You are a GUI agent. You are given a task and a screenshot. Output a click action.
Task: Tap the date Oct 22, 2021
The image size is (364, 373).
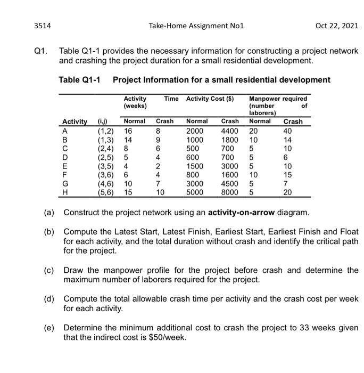coord(335,25)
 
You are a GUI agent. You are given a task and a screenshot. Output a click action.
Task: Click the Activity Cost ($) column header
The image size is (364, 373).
coord(210,99)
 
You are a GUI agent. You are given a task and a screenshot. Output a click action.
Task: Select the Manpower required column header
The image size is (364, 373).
coord(278,99)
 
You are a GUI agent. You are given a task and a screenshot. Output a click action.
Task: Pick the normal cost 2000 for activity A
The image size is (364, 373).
coord(195,130)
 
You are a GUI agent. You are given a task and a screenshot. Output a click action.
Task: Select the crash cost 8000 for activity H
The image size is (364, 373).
coord(230,192)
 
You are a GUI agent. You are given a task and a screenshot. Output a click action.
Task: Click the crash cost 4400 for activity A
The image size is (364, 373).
coord(230,130)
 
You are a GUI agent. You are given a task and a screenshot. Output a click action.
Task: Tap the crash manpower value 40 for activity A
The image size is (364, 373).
coord(288,130)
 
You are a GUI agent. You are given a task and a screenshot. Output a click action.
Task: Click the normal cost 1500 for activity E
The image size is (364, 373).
coord(195,165)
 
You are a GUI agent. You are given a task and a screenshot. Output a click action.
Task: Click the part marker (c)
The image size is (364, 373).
coord(49,270)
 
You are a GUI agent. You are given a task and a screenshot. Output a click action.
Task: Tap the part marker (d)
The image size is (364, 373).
coord(49,299)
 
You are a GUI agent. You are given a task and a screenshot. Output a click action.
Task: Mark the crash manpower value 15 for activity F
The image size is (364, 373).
coord(288,174)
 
